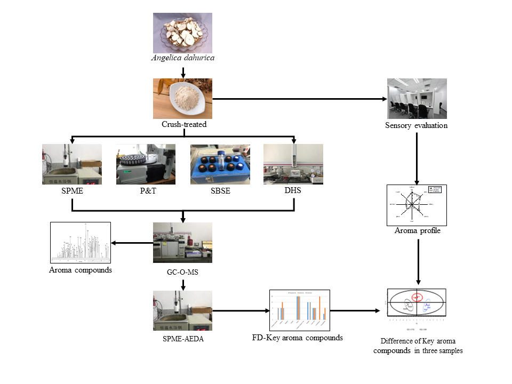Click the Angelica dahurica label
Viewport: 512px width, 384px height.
pos(183,57)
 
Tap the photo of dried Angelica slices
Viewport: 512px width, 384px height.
pos(183,33)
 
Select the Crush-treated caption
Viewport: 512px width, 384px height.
pos(182,124)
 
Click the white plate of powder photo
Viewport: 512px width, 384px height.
pos(182,99)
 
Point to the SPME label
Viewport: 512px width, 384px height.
pos(71,191)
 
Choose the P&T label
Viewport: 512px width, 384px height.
pos(146,191)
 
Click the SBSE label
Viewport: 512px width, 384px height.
pos(220,191)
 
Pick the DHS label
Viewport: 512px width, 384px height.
pos(293,190)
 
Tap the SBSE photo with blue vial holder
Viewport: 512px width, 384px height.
pos(220,164)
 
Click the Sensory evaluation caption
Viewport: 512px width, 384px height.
pos(416,126)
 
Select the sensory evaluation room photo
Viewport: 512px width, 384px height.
pos(417,99)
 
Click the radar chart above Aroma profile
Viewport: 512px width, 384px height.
pos(417,205)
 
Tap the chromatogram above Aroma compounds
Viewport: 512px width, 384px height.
pos(80,242)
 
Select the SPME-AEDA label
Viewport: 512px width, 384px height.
pos(182,337)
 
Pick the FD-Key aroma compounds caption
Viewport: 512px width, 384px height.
pos(298,338)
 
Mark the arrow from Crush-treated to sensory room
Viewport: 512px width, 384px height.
pos(299,99)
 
